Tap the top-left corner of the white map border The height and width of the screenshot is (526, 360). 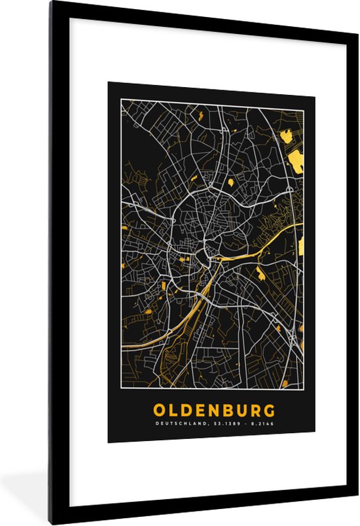(120, 100)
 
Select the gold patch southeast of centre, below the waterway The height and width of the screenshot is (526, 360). (261, 273)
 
